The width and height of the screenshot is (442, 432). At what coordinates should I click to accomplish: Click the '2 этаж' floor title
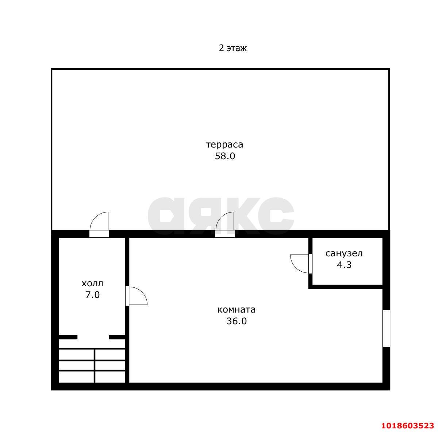coord(232,48)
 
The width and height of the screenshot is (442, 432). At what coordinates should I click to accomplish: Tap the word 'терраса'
coord(224,145)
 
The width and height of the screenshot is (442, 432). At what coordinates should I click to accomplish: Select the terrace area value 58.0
coord(225,156)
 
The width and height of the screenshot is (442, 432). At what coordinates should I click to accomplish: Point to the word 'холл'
coord(92,283)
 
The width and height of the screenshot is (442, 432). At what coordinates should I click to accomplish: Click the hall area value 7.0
coord(92,295)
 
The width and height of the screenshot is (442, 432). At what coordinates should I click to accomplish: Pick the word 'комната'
coord(236,310)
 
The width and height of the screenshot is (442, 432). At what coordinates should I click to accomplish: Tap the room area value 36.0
coord(237,321)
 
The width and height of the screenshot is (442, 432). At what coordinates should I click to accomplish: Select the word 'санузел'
coord(344,253)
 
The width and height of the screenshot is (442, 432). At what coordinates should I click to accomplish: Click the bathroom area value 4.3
coord(344,265)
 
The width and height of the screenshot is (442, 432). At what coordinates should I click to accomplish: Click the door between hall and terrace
coord(99,225)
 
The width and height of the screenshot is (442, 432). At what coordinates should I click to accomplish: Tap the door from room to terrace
coord(224,225)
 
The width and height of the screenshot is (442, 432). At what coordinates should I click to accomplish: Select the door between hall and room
coord(136,296)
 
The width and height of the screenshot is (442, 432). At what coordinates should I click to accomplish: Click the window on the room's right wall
coord(386,329)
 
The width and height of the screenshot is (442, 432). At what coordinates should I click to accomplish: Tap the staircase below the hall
coord(92,366)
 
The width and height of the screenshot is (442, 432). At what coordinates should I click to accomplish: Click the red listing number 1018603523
coord(407,425)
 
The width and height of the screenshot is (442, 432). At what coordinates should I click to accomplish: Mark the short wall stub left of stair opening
coord(68,337)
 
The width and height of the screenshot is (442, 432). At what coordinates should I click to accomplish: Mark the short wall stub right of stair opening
coord(117,337)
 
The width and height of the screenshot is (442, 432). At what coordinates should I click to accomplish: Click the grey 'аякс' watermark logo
coord(221,216)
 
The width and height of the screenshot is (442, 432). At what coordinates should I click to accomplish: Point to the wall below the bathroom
coord(346,287)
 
